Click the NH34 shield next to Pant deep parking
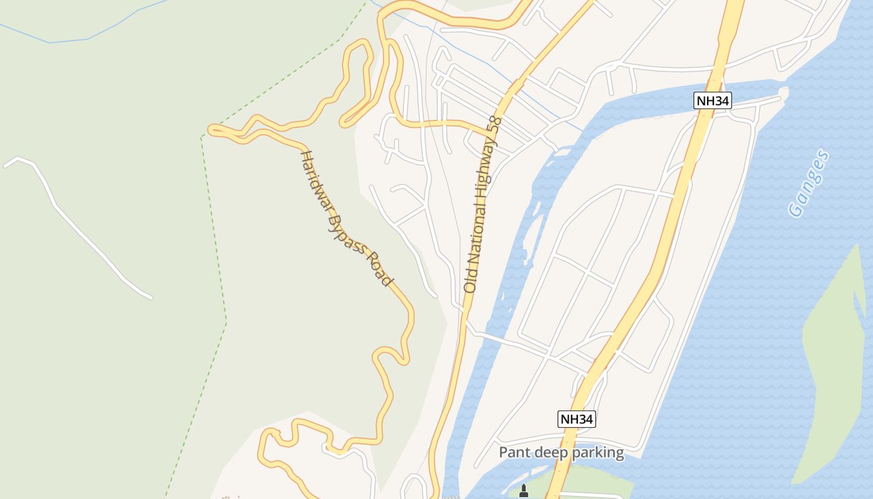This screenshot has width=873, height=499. tap(576, 419)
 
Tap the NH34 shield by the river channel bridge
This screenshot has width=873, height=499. tap(711, 100)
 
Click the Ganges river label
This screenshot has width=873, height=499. tap(809, 183)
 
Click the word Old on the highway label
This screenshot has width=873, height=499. tap(470, 281)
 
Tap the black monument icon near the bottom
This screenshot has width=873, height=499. tap(524, 492)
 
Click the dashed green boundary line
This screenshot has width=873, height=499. tap(212, 249)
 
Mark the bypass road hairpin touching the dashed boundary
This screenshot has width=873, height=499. tap(214, 130)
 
